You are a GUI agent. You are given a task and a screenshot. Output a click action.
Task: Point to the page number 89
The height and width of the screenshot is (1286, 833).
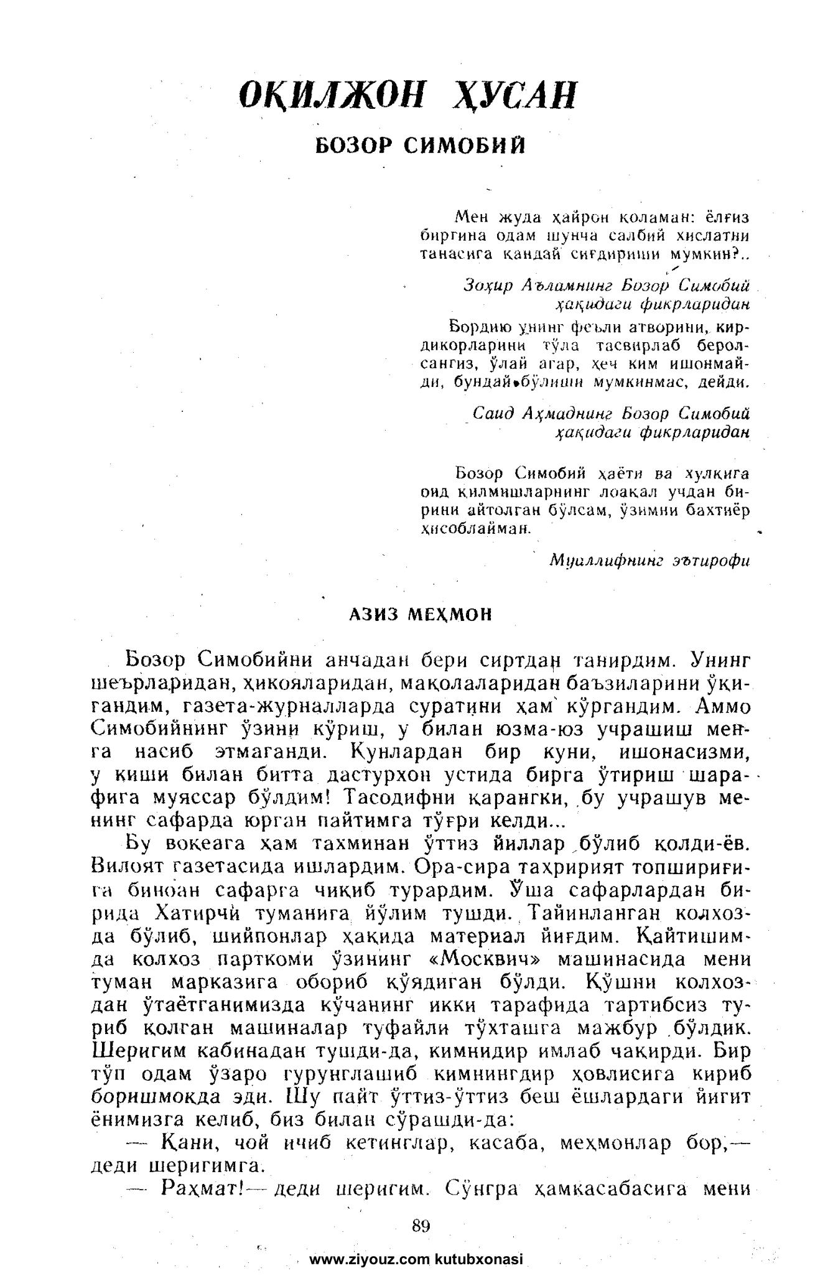click(x=421, y=1226)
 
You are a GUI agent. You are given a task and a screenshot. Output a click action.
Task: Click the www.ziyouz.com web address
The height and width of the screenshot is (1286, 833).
click(x=371, y=1260)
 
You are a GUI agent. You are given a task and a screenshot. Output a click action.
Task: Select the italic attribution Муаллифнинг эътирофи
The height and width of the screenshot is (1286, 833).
click(x=649, y=560)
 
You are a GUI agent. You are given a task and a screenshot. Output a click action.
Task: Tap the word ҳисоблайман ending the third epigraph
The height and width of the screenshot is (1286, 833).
click(x=475, y=528)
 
